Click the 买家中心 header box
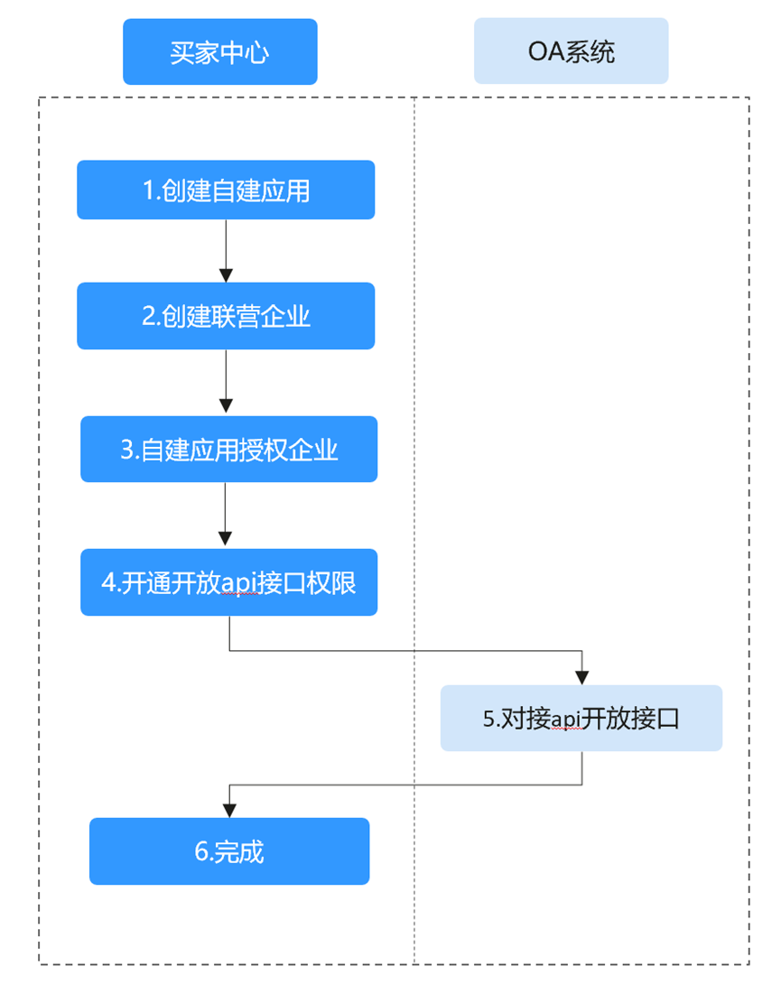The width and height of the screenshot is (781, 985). tap(219, 51)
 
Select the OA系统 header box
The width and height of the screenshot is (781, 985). tap(571, 51)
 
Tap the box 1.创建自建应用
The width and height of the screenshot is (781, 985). tap(226, 190)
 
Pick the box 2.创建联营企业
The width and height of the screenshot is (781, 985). tap(226, 316)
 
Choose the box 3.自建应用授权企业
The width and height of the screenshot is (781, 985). tap(228, 449)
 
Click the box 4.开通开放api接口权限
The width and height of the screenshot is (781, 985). tap(228, 582)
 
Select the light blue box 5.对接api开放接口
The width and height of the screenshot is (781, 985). tap(581, 718)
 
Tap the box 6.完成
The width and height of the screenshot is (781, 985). tap(229, 851)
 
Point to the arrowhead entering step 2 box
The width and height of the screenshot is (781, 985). tap(226, 275)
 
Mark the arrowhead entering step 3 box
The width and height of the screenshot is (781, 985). tap(226, 408)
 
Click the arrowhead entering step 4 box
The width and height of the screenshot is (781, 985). tap(226, 541)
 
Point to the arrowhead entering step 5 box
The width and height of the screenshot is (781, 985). tap(582, 677)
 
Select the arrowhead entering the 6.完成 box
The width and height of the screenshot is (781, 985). tap(229, 810)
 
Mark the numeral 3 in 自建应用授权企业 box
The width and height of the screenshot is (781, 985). tap(126, 450)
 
